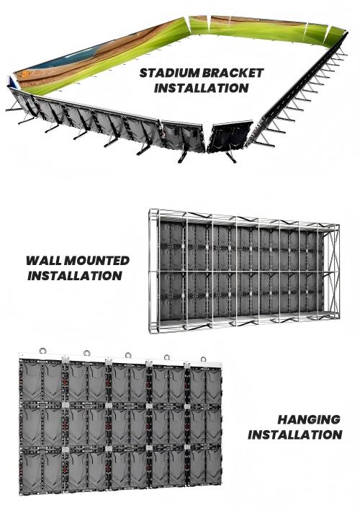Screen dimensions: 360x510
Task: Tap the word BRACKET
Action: point(232,73)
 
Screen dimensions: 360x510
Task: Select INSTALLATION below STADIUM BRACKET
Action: point(202,88)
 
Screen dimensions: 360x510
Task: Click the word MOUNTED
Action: point(96,261)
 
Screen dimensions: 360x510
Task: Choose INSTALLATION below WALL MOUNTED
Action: point(75,276)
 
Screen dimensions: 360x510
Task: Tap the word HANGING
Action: point(309,419)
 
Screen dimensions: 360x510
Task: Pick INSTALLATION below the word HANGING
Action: point(295,435)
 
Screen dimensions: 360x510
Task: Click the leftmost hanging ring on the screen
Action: point(42,351)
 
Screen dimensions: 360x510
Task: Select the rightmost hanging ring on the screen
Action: point(203,359)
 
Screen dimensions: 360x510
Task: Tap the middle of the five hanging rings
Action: point(128,355)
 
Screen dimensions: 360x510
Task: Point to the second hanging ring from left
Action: point(87,353)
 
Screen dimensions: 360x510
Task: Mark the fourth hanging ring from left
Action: point(167,357)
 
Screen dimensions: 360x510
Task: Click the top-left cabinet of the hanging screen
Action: point(41,382)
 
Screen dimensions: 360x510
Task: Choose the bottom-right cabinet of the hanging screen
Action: point(205,470)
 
